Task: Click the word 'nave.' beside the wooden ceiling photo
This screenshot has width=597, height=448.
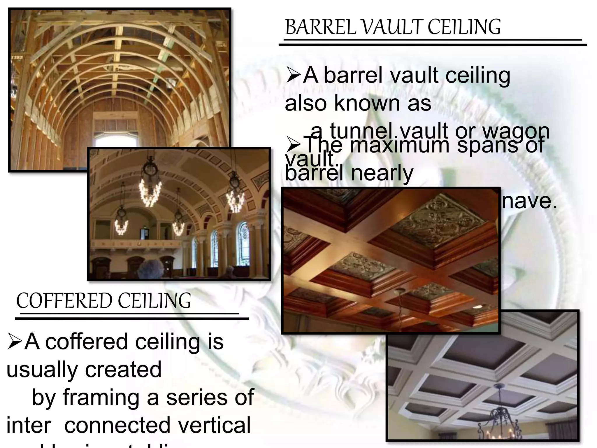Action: pyautogui.click(x=529, y=201)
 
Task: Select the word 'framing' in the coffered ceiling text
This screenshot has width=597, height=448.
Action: pyautogui.click(x=101, y=398)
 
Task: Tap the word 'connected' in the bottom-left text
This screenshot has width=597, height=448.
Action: pyautogui.click(x=117, y=425)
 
